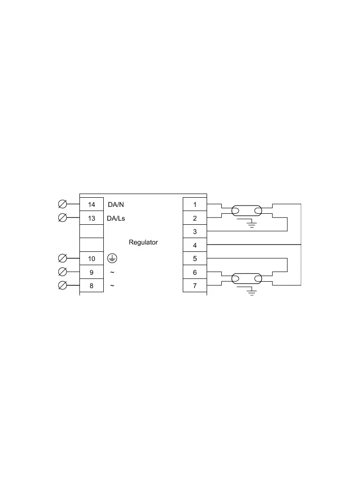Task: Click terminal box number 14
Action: click(91, 204)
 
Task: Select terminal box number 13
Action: click(91, 218)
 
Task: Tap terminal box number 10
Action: click(91, 259)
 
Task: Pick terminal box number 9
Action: click(91, 272)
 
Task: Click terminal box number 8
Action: click(91, 286)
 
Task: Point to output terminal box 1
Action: click(195, 204)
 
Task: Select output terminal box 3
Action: click(195, 231)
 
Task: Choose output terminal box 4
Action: click(195, 245)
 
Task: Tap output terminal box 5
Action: click(195, 259)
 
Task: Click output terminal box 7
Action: click(195, 286)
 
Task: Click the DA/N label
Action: click(116, 205)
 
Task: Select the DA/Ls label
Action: click(116, 218)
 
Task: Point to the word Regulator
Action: click(143, 242)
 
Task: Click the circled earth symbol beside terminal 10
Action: click(112, 258)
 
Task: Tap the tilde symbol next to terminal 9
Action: click(112, 272)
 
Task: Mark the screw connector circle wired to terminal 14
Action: click(62, 204)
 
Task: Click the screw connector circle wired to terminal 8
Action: click(62, 285)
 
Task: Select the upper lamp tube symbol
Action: click(247, 211)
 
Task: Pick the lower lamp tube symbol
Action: click(247, 279)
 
